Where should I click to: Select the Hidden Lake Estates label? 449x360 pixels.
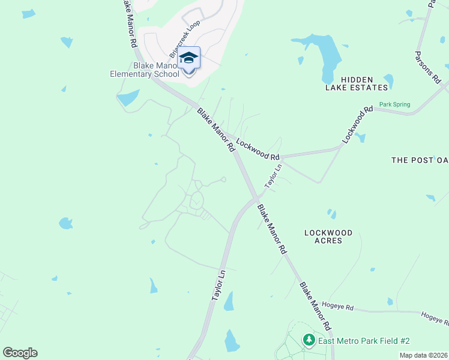pyautogui.click(x=357, y=83)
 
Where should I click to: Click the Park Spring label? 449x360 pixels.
pyautogui.click(x=394, y=104)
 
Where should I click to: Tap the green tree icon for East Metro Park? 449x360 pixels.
pyautogui.click(x=309, y=341)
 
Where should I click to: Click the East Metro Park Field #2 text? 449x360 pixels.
pyautogui.click(x=364, y=341)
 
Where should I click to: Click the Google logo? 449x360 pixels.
pyautogui.click(x=20, y=353)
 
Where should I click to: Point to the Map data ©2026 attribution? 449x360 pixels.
pyautogui.click(x=423, y=355)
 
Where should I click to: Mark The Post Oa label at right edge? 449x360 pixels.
pyautogui.click(x=420, y=160)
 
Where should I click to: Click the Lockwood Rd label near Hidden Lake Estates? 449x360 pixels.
pyautogui.click(x=357, y=125)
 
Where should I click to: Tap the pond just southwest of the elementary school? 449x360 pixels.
pyautogui.click(x=128, y=97)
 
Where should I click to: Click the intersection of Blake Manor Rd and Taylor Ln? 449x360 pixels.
pyautogui.click(x=256, y=199)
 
